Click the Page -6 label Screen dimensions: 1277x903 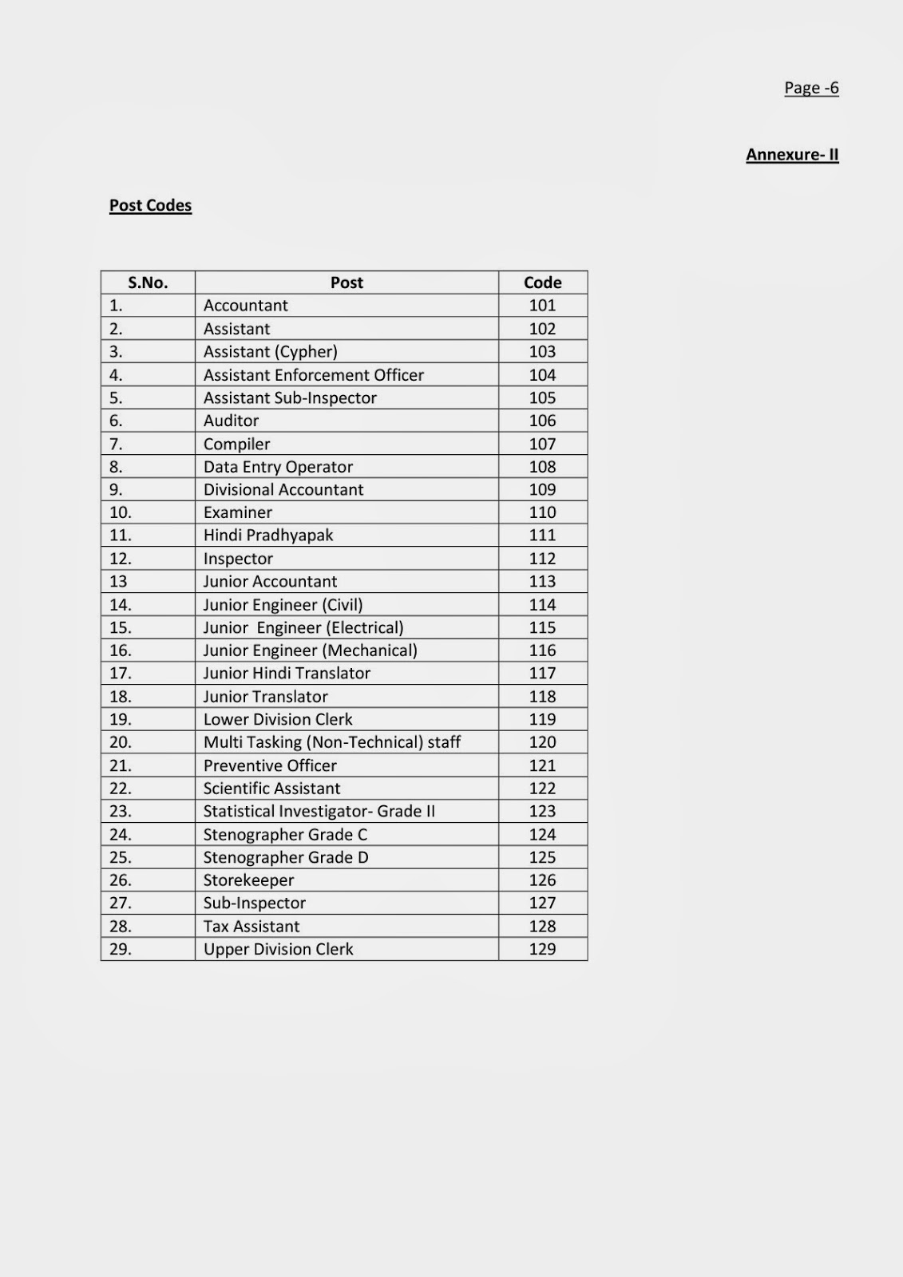click(811, 88)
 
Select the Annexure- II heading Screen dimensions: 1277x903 click(792, 155)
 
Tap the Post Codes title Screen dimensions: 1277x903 click(150, 205)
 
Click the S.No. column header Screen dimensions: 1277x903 click(148, 283)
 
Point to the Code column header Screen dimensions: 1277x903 click(542, 283)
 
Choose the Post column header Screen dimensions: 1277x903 click(347, 283)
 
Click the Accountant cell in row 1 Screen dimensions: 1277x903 click(246, 306)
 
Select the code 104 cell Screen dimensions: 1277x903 click(542, 375)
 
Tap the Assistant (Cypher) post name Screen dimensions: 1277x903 click(271, 352)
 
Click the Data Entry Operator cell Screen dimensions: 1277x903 click(278, 467)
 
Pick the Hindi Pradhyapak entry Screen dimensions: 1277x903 click(268, 536)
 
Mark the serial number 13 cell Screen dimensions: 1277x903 click(118, 582)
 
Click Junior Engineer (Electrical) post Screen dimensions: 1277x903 click(303, 628)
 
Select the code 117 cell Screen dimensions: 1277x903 click(542, 674)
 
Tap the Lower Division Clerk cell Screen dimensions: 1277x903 click(278, 720)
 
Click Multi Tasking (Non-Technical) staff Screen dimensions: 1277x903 click(332, 742)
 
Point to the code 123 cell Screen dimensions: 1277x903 click(542, 812)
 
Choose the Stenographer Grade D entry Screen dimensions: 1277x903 click(286, 858)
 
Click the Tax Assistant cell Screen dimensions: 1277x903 click(251, 927)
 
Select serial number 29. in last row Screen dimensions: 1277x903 click(121, 950)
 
